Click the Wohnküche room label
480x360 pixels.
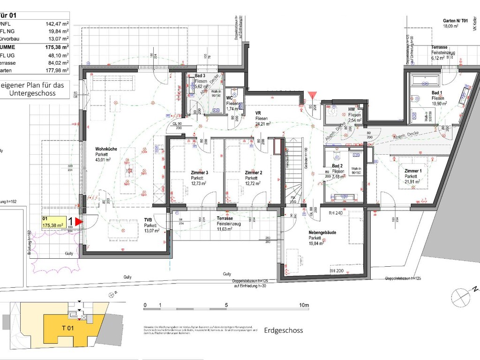[x=106, y=149]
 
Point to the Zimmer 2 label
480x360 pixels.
[x=254, y=172]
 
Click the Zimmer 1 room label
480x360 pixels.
[x=413, y=171]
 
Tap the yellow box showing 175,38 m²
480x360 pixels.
[x=53, y=222]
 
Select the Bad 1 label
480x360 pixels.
[x=436, y=93]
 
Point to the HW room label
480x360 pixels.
[x=352, y=109]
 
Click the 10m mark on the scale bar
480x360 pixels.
[x=304, y=306]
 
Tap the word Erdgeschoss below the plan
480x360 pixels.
[x=283, y=330]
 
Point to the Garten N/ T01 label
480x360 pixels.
[x=455, y=21]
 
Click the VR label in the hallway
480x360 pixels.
[x=258, y=113]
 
